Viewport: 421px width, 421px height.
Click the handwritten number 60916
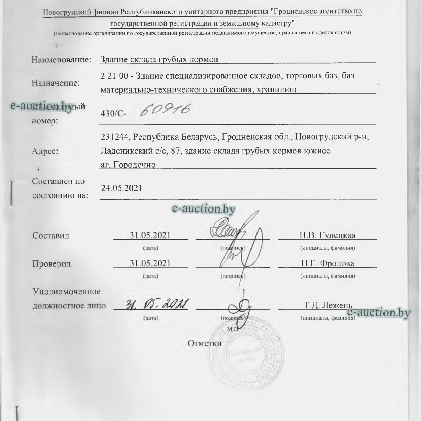point(165,111)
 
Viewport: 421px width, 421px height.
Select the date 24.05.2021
point(122,188)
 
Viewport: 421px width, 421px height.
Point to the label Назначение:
point(55,83)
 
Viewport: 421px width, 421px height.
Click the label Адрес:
point(45,152)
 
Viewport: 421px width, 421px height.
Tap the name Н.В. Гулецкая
point(327,235)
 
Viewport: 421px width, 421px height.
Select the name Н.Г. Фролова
point(327,263)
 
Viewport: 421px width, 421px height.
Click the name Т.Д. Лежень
point(328,305)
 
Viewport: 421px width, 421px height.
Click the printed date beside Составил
point(150,235)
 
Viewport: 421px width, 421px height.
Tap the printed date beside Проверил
point(150,263)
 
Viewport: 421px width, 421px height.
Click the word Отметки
point(205,343)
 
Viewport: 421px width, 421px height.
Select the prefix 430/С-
point(114,114)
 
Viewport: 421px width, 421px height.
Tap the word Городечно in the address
point(135,165)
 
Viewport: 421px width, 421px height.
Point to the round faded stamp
point(242,354)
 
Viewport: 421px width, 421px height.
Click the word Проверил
point(52,264)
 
